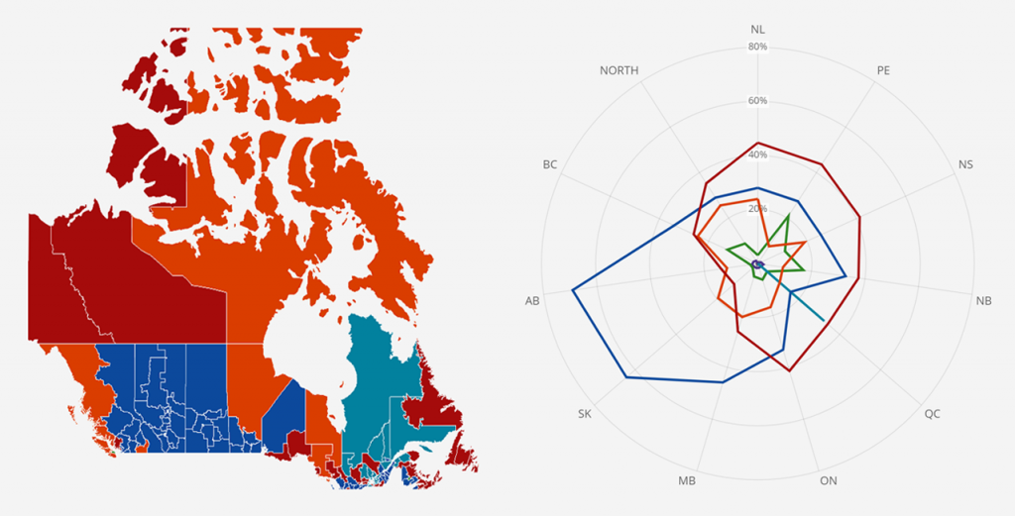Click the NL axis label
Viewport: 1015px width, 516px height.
coord(758,29)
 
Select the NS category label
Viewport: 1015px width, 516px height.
coord(965,163)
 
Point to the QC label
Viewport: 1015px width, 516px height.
coord(932,413)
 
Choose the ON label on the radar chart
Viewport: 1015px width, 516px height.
coord(829,481)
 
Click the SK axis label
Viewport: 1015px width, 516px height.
coord(585,413)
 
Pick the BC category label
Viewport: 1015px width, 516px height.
coord(550,163)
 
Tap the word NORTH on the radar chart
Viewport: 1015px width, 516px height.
coord(620,70)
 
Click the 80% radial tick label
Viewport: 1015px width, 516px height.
coord(758,47)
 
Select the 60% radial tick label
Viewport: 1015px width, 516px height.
coord(758,101)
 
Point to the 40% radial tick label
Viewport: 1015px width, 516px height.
coord(758,155)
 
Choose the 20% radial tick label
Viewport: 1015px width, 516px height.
coord(758,209)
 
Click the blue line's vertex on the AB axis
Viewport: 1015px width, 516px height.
coord(573,290)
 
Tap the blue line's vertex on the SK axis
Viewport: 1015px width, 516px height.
coord(626,378)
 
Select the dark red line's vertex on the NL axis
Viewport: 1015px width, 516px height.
coord(758,143)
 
